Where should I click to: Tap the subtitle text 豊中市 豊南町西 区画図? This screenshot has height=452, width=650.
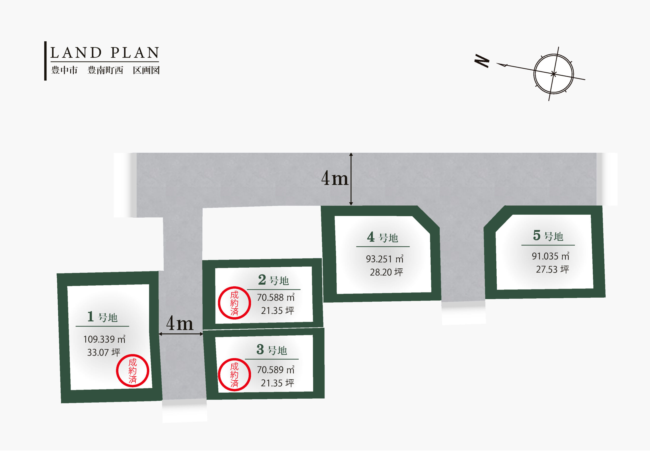(105, 70)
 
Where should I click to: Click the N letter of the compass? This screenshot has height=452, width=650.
(482, 61)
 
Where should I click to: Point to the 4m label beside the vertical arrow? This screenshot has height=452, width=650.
(335, 179)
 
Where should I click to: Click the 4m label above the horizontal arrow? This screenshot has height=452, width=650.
(180, 324)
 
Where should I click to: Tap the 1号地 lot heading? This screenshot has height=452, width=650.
(102, 317)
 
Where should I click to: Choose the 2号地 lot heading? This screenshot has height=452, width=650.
(273, 280)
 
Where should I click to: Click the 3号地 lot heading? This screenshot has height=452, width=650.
(272, 350)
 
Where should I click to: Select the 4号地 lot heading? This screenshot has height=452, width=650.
(382, 237)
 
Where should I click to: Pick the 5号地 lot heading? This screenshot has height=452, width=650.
(548, 236)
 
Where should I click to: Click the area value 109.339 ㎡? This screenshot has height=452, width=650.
(104, 339)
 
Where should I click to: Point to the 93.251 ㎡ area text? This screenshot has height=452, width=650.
(385, 259)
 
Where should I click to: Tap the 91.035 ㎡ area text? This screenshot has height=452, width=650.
(551, 256)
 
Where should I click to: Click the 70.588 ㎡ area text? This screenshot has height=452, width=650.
(276, 297)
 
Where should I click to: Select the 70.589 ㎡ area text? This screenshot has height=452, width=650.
(276, 369)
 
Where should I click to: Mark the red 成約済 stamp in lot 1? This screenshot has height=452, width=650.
(133, 371)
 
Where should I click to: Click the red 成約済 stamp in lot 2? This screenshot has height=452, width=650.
(234, 303)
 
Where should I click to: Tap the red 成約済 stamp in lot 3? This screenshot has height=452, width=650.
(234, 375)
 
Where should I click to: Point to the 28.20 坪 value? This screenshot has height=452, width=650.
(386, 272)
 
